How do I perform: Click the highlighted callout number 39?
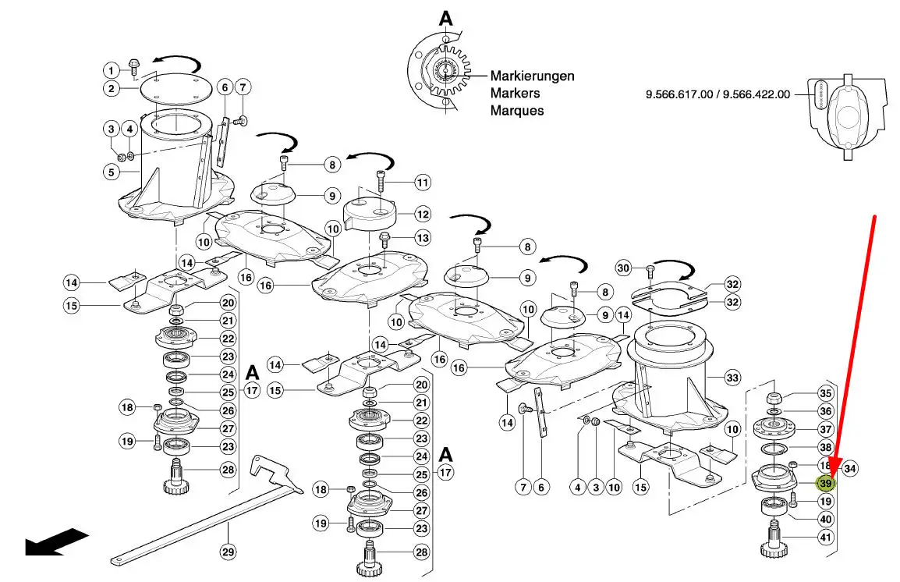(x=825, y=484)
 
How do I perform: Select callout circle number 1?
(x=112, y=69)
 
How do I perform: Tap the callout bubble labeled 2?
(x=112, y=88)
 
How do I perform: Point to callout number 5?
(x=112, y=172)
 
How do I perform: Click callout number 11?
(x=422, y=183)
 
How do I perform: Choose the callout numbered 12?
(x=422, y=213)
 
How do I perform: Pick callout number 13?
(x=422, y=237)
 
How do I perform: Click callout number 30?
(x=622, y=268)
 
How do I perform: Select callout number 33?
(x=732, y=378)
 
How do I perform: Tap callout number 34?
(x=850, y=469)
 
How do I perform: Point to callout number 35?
(x=825, y=394)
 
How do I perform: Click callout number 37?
(x=825, y=430)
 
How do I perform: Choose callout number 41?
(x=825, y=538)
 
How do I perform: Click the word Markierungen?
(x=532, y=76)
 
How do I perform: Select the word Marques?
(x=516, y=111)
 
